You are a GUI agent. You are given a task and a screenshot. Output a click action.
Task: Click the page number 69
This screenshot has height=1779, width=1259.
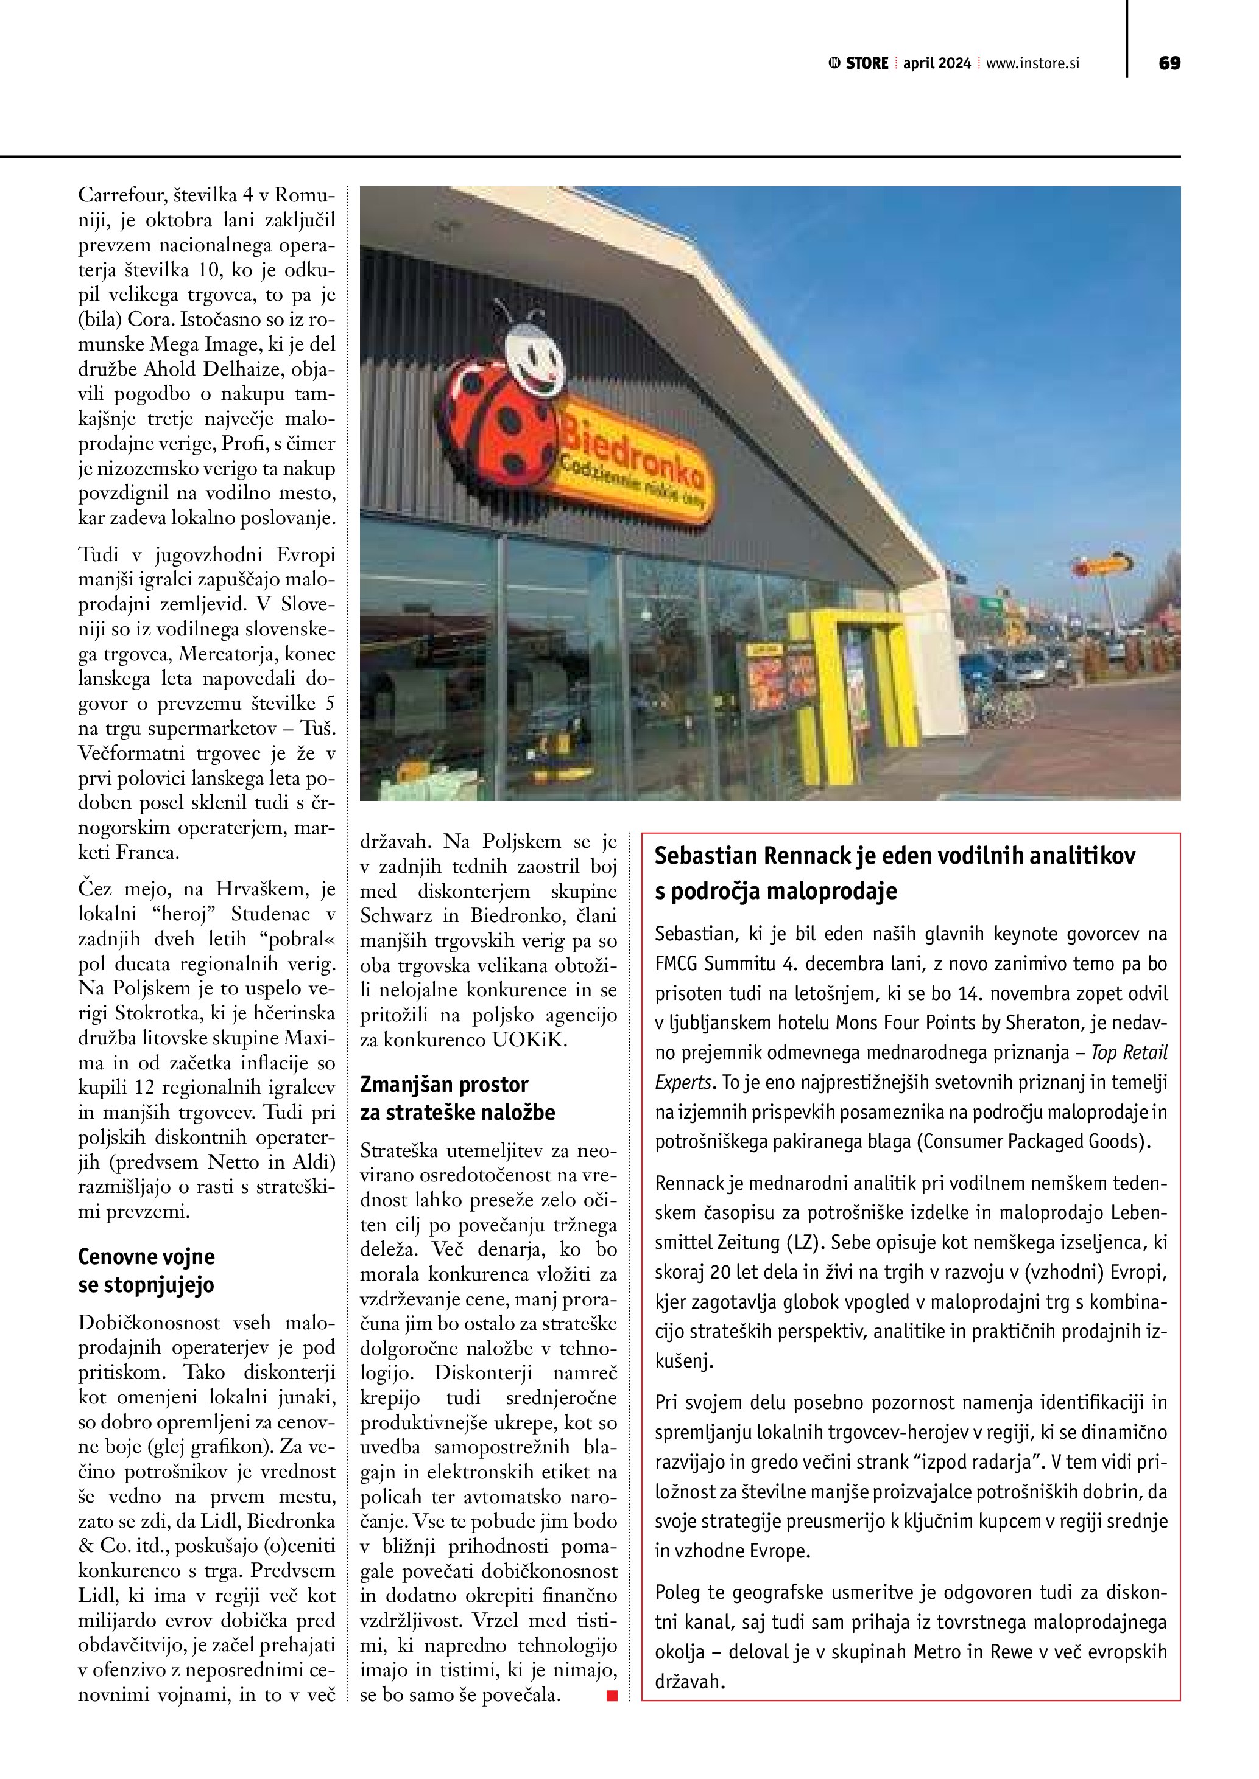1169,63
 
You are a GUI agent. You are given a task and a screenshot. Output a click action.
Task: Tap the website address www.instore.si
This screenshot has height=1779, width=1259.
1032,63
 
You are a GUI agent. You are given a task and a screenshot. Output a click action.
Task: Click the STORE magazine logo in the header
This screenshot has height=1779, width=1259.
859,63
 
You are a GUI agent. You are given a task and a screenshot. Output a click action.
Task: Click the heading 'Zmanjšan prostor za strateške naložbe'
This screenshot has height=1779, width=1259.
457,1098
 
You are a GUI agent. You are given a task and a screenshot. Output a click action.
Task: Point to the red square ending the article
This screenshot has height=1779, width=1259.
612,1696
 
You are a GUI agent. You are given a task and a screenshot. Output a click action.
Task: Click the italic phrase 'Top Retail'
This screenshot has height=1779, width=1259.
1129,1052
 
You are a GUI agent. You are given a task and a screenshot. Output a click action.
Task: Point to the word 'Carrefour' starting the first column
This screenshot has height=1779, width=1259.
115,195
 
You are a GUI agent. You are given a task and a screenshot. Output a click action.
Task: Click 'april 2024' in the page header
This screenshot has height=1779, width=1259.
937,63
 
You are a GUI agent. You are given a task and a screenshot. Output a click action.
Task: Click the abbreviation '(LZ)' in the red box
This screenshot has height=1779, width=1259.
802,1242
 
